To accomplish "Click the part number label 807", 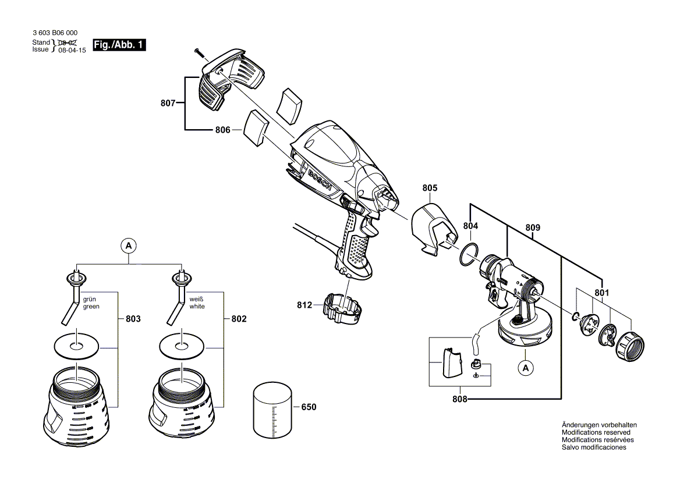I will click(168, 104).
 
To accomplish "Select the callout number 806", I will click(223, 130).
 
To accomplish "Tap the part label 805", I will click(430, 188).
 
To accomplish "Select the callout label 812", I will click(304, 304).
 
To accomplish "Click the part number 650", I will click(308, 407).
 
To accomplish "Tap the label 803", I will click(133, 319).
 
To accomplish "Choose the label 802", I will click(239, 319).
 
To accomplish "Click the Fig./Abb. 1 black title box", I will click(119, 45).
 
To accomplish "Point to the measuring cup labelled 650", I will click(272, 409).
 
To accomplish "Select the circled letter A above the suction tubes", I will click(128, 246).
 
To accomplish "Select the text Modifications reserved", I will click(596, 432).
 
